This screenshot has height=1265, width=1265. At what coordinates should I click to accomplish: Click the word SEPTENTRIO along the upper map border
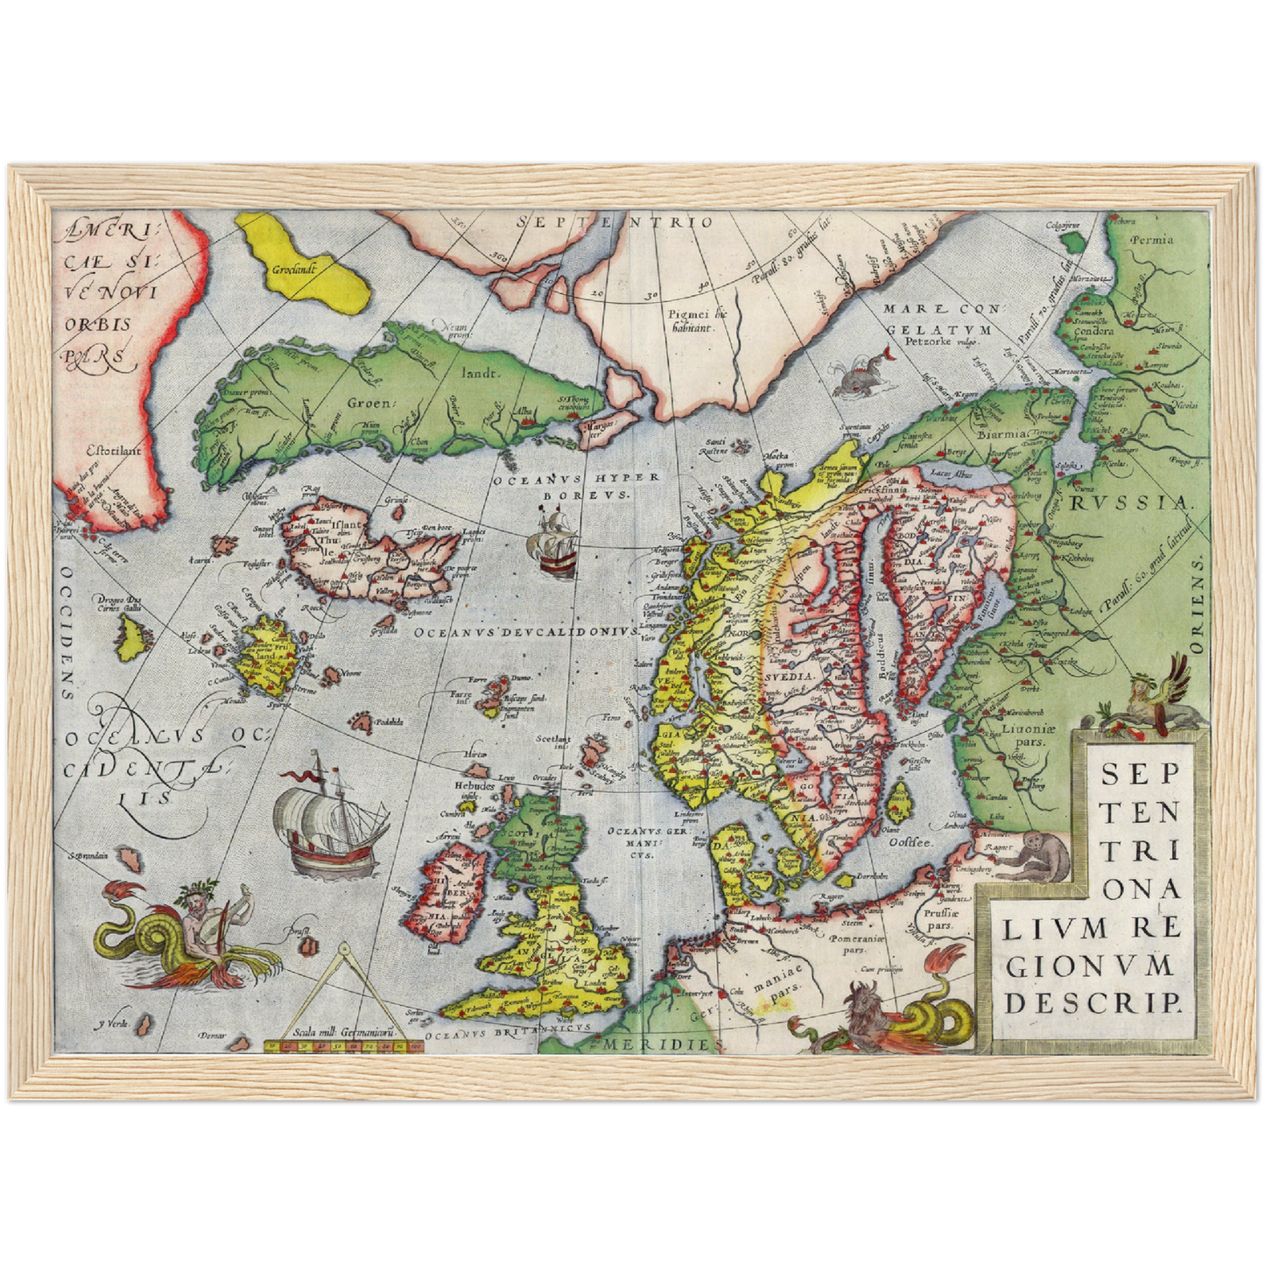615,222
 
